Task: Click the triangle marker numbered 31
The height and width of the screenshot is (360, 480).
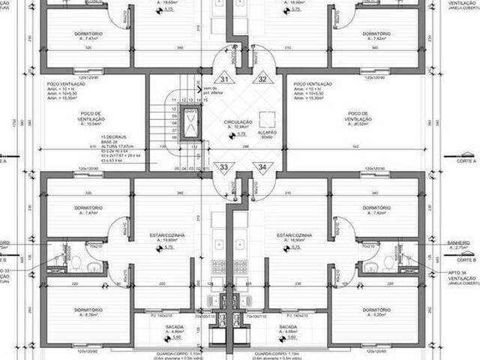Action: (x=223, y=79)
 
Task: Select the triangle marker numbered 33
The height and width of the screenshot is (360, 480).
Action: (x=223, y=166)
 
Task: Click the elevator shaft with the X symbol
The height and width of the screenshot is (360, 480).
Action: (x=190, y=124)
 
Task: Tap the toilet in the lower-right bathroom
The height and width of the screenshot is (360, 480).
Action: (x=388, y=262)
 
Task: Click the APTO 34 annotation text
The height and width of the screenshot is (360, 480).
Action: (x=458, y=271)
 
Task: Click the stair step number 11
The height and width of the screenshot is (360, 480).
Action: (x=174, y=99)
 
